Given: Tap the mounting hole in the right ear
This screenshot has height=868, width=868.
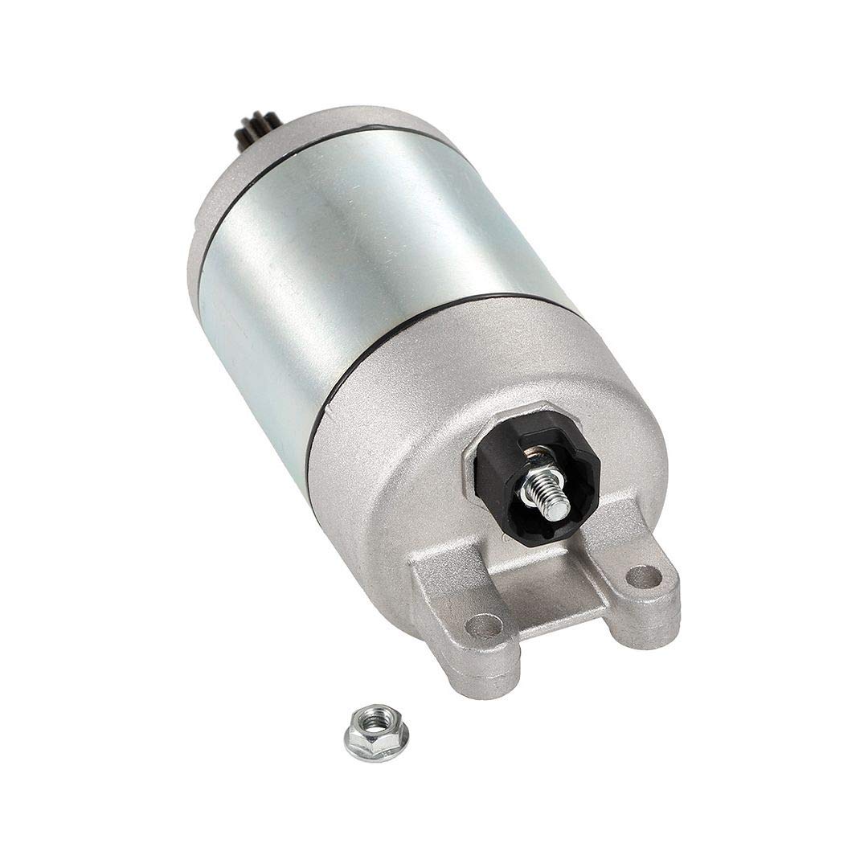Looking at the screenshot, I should [x=644, y=575].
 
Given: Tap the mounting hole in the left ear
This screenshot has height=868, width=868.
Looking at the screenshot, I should [x=484, y=625].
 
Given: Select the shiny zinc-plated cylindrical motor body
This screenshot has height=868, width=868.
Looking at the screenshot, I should [x=362, y=257].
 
